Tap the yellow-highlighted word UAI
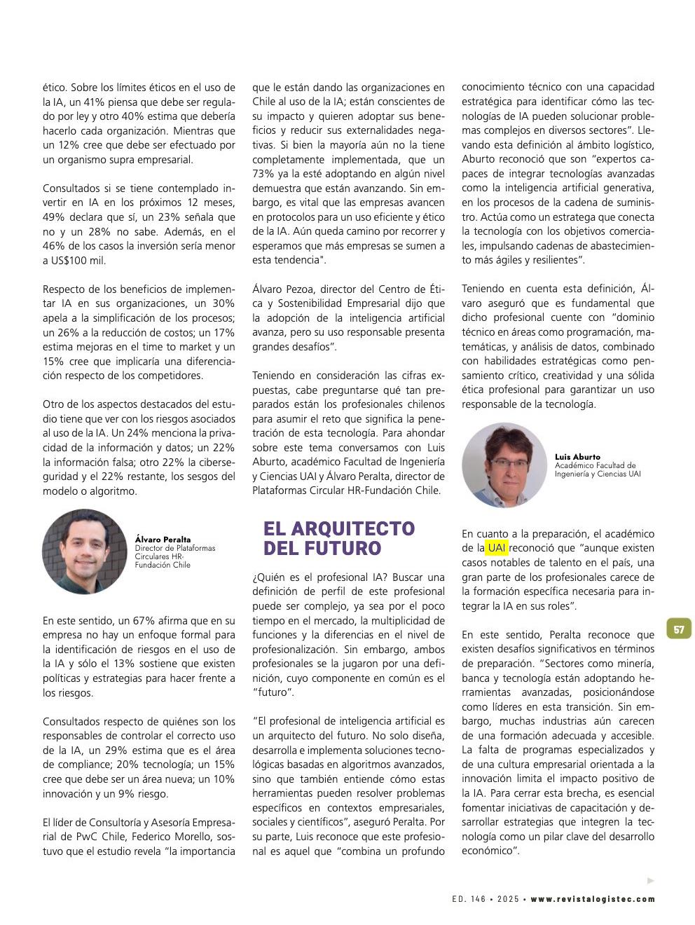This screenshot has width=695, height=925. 497,548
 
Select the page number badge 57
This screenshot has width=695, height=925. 679,629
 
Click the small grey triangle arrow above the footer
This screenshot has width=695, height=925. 651,881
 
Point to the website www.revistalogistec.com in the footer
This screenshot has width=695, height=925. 593,899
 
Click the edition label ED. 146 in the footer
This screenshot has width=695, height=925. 469,899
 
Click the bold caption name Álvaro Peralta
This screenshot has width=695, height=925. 163,540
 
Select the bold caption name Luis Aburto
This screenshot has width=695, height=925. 577,457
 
